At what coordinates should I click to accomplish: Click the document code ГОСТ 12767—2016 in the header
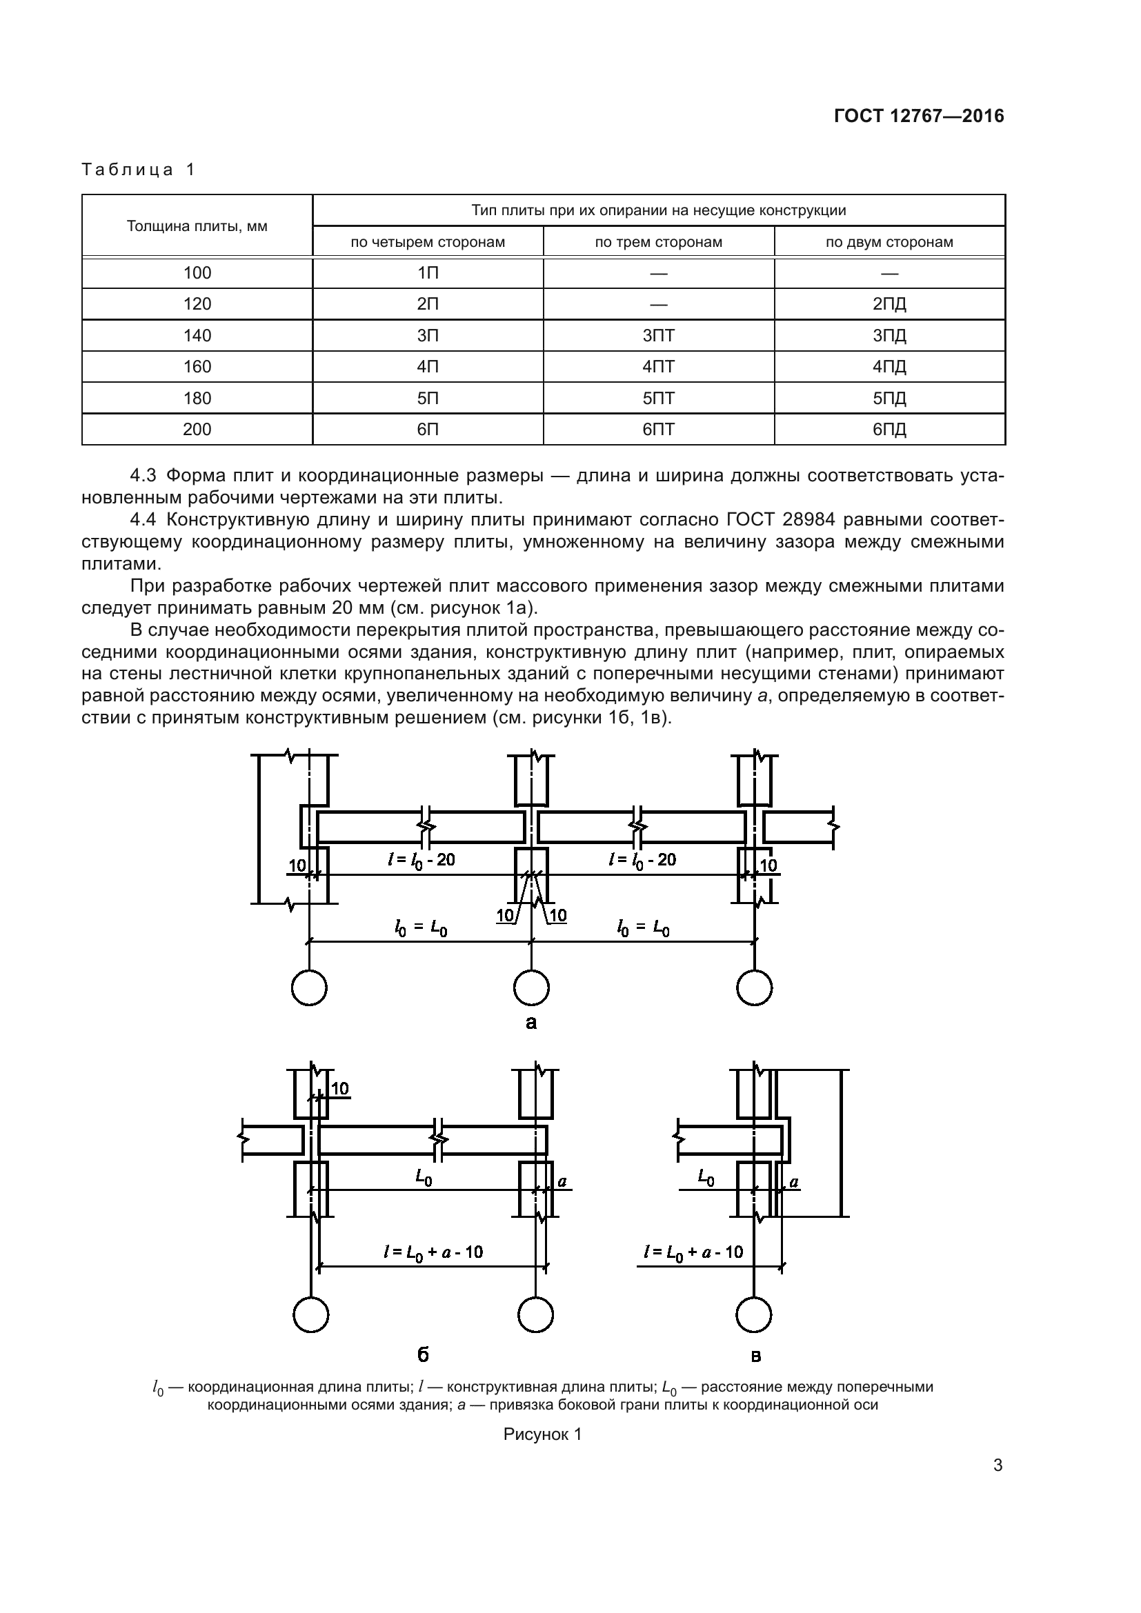919,117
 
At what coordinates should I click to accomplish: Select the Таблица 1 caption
139,170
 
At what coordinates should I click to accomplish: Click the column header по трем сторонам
658,242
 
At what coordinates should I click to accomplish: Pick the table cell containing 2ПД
889,304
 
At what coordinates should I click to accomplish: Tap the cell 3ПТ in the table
658,336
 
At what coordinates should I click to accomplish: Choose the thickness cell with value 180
197,399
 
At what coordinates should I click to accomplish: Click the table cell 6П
428,429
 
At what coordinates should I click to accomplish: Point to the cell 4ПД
889,367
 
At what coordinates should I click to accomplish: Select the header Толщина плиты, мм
197,226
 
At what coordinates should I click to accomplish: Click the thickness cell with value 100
197,273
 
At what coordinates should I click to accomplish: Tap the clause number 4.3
143,476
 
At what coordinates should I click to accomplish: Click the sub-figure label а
531,1023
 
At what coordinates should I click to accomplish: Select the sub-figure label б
423,1354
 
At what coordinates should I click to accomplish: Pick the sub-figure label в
756,1356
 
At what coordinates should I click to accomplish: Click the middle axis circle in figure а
531,988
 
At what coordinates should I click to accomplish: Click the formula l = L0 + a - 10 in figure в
693,1251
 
